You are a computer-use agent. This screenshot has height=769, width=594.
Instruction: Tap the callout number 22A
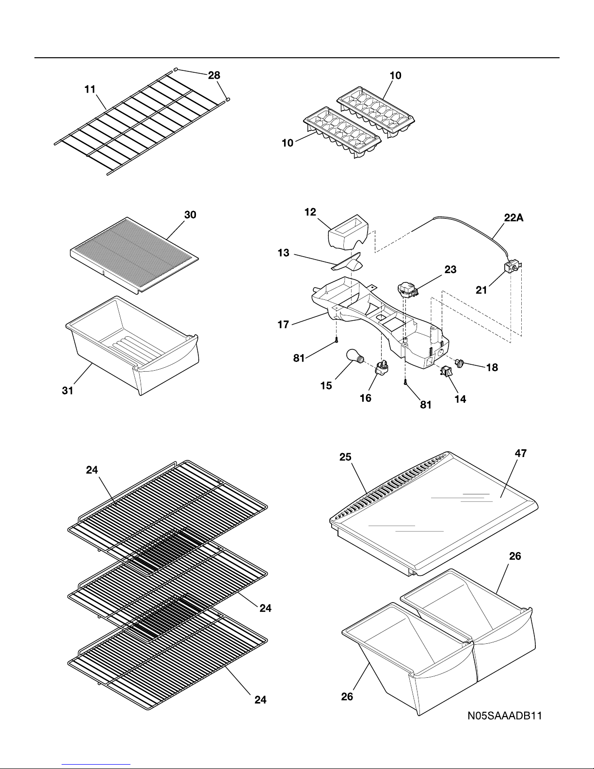pyautogui.click(x=514, y=218)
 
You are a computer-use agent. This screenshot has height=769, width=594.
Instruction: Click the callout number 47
pyautogui.click(x=521, y=453)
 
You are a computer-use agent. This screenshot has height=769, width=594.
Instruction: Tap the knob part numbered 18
pyautogui.click(x=459, y=363)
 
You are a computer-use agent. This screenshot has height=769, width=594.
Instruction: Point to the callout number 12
pyautogui.click(x=310, y=212)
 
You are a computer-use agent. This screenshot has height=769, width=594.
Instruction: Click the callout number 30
pyautogui.click(x=190, y=215)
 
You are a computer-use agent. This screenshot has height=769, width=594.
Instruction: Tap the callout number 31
pyautogui.click(x=67, y=391)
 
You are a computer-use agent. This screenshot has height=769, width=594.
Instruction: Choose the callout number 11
pyautogui.click(x=90, y=89)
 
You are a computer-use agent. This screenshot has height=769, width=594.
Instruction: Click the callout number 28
pyautogui.click(x=214, y=75)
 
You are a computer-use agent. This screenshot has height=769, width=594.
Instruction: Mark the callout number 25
pyautogui.click(x=345, y=457)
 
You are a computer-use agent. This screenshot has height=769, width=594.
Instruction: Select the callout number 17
pyautogui.click(x=283, y=325)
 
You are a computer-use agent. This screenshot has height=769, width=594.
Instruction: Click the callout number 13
pyautogui.click(x=284, y=253)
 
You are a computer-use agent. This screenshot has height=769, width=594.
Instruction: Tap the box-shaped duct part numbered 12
pyautogui.click(x=349, y=231)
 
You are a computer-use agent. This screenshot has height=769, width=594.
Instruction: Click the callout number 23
pyautogui.click(x=450, y=270)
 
